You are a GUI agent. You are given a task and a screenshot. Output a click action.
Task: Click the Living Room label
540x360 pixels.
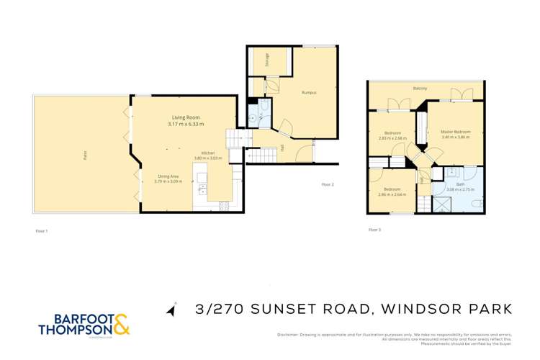[x=186, y=117]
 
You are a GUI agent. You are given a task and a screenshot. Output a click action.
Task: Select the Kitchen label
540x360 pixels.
[x=209, y=152]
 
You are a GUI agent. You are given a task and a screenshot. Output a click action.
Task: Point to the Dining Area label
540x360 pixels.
[x=170, y=176]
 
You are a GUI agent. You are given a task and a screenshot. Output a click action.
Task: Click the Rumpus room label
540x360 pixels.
[x=309, y=93]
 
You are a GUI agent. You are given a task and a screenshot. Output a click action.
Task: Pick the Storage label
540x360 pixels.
[x=266, y=59]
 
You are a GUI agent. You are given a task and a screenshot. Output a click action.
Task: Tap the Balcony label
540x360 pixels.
[x=420, y=89]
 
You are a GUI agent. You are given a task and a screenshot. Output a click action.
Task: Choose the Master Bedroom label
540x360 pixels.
[x=456, y=132]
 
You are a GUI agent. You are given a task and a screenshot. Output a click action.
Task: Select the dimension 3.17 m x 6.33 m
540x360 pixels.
[x=186, y=124]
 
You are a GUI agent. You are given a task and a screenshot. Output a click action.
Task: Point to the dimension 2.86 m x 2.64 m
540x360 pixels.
[x=392, y=194]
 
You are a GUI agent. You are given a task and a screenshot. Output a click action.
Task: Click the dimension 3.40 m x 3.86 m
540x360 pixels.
[x=456, y=137]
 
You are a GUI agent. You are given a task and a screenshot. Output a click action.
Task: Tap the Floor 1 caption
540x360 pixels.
[x=42, y=230]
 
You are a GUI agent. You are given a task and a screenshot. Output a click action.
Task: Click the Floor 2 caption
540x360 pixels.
[x=328, y=185]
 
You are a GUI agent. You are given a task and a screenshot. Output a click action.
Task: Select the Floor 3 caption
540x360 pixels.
[x=374, y=230]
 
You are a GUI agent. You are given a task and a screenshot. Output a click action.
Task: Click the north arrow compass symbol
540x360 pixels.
[x=171, y=310]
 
